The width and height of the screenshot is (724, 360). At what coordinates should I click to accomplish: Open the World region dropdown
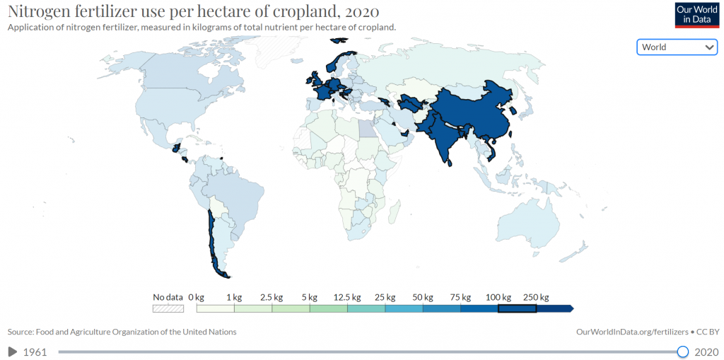click(x=677, y=47)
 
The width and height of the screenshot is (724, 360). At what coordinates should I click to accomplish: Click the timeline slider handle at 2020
click(x=682, y=352)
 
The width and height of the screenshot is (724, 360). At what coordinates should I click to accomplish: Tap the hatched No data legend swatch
click(x=168, y=308)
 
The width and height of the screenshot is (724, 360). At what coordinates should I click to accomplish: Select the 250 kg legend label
click(x=536, y=297)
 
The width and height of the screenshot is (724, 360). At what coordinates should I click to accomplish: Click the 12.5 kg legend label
click(x=346, y=297)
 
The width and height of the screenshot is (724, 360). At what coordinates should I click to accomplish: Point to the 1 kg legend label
click(x=234, y=297)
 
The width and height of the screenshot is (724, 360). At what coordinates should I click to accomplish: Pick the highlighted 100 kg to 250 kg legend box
click(x=517, y=308)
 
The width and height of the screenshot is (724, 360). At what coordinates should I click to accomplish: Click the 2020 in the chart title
click(x=360, y=12)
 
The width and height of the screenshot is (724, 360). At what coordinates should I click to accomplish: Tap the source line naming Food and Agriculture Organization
click(x=122, y=332)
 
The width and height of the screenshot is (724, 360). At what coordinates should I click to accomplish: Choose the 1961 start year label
click(x=35, y=352)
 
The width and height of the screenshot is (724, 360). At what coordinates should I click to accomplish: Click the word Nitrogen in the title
click(x=39, y=12)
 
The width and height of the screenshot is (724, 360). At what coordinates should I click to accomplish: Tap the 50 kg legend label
click(x=423, y=297)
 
